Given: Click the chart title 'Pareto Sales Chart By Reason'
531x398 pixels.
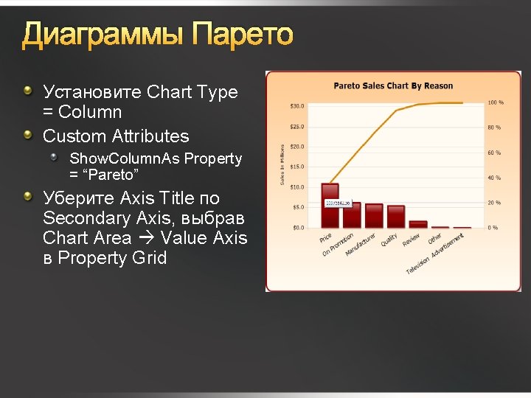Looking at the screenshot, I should click(393, 85).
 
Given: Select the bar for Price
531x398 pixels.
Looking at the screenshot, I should click(330, 206).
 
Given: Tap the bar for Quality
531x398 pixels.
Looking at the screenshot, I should click(396, 216).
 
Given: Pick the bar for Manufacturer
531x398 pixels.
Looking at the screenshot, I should click(374, 215).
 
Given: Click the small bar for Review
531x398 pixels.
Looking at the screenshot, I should click(418, 224).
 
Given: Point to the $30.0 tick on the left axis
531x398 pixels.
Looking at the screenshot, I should click(296, 106).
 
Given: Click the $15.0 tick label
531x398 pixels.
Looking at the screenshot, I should click(296, 167).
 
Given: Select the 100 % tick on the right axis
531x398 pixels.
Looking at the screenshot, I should click(496, 102).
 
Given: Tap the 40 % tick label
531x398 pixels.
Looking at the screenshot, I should click(495, 178).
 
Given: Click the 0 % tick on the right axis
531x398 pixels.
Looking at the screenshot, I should click(493, 228).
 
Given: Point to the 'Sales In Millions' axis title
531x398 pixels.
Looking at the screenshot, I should click(282, 164).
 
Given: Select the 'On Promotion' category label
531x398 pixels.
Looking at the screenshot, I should click(338, 245).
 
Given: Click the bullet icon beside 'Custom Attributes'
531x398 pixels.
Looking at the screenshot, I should click(28, 135).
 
